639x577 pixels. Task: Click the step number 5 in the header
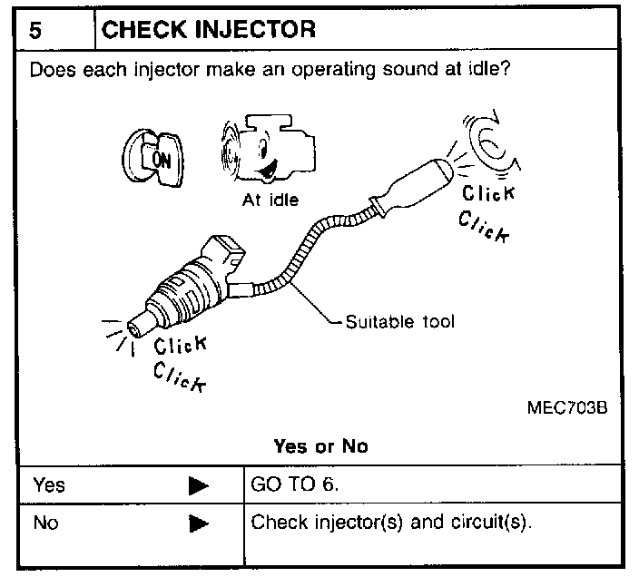click(x=34, y=29)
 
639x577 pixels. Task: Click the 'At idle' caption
click(x=270, y=200)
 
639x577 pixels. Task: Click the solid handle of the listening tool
click(x=413, y=186)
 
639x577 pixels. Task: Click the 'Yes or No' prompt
click(x=319, y=447)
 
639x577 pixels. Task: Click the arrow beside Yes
click(x=199, y=485)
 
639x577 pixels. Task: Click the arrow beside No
click(x=199, y=524)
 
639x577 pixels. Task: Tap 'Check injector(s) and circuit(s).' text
click(x=389, y=523)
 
